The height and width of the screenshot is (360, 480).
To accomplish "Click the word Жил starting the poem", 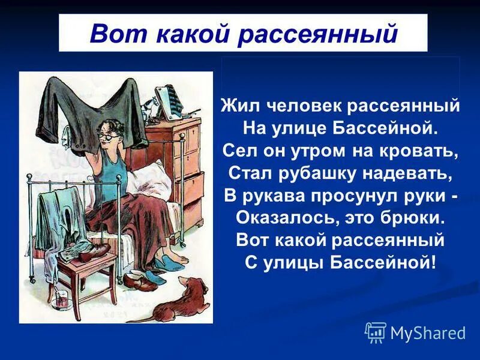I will pyautogui.click(x=235, y=106).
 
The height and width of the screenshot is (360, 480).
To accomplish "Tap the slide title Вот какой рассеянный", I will pyautogui.click(x=243, y=34).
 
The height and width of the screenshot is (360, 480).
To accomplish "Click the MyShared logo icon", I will pyautogui.click(x=376, y=332).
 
